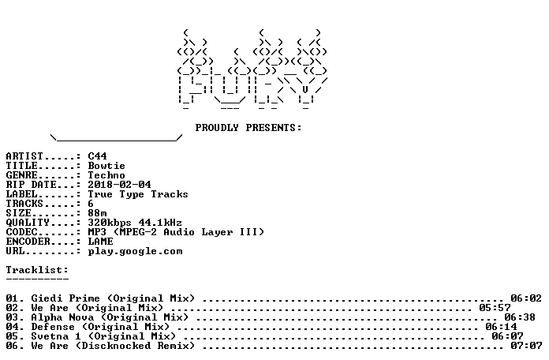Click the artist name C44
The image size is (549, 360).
(x=97, y=156)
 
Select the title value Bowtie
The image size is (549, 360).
(x=106, y=166)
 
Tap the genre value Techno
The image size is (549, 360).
(x=106, y=175)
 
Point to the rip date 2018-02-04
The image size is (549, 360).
(x=119, y=185)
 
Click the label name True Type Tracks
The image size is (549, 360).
(x=138, y=194)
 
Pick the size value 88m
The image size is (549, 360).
(x=97, y=213)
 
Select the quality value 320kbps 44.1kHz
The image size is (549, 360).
(x=135, y=223)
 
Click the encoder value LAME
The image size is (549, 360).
(x=100, y=241)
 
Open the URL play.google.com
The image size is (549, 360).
(x=135, y=251)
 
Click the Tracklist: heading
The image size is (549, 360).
(x=37, y=270)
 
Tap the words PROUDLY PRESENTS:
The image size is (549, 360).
(x=248, y=128)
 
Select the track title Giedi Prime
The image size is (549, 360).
(x=65, y=298)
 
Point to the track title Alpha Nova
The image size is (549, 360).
(x=62, y=317)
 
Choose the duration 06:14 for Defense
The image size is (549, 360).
(x=501, y=327)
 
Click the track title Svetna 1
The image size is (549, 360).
(x=56, y=336)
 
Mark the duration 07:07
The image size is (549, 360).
(x=526, y=346)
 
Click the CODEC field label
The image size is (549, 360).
(x=21, y=232)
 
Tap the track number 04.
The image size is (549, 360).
(x=13, y=327)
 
